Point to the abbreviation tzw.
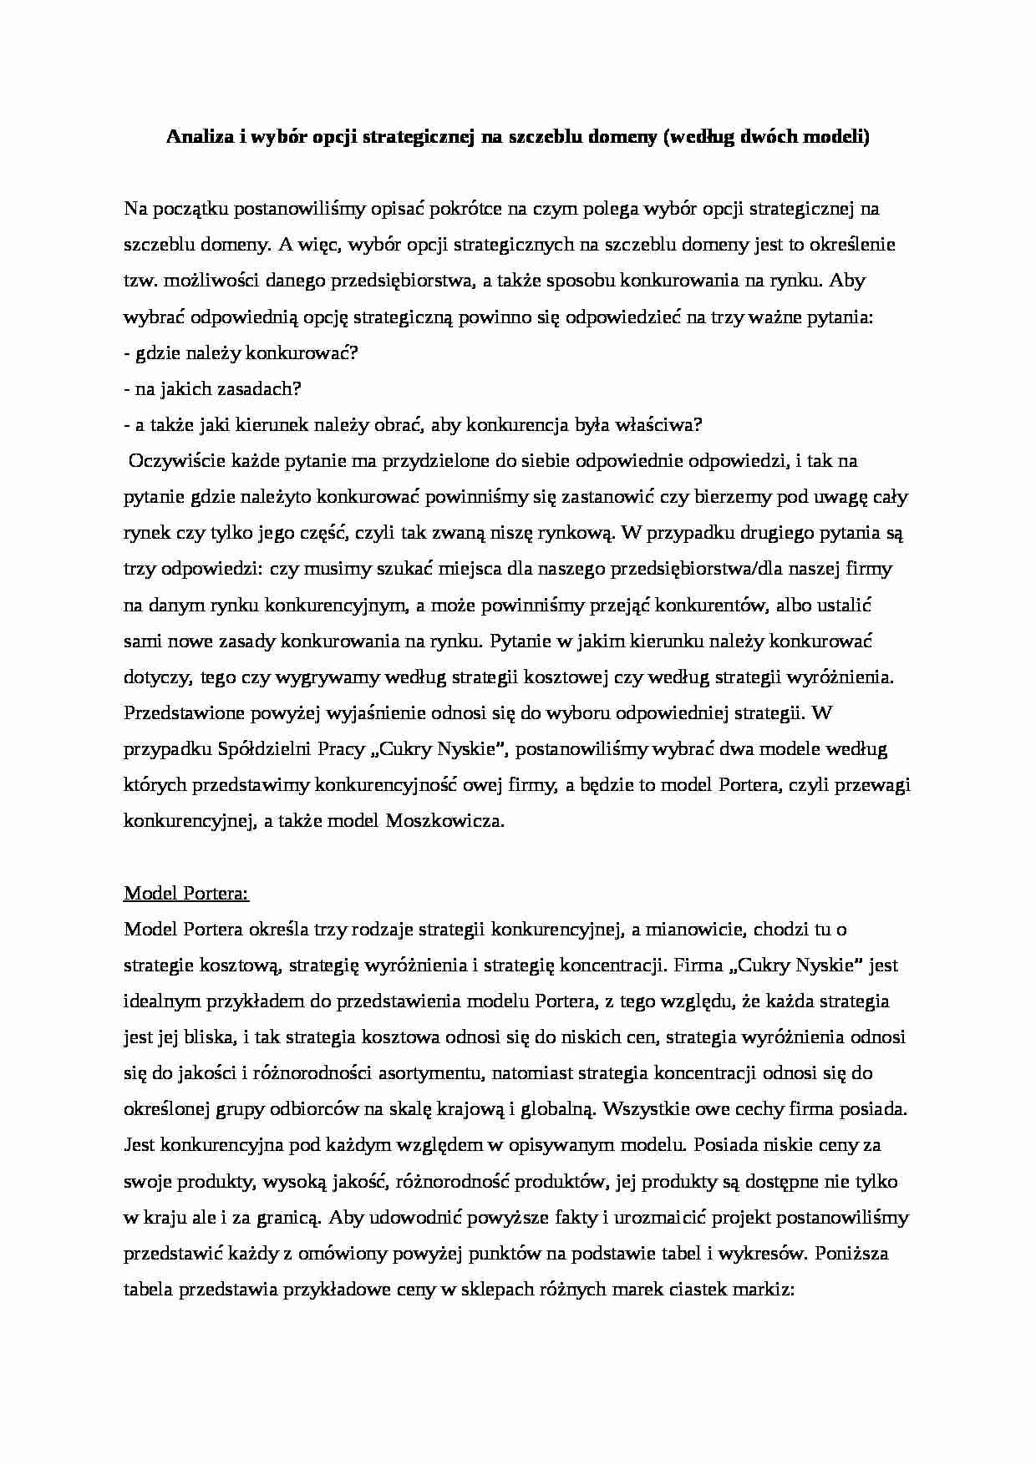coord(140,281)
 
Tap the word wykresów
coord(764,1254)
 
